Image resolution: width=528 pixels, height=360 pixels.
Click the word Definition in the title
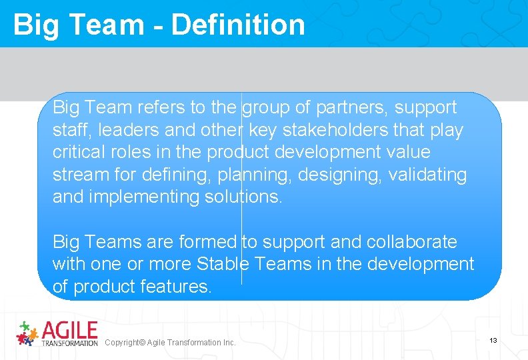click(x=238, y=25)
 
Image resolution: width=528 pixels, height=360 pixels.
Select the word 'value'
click(x=408, y=152)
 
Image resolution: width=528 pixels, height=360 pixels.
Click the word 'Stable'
click(x=223, y=264)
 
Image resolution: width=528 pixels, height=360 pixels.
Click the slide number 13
click(x=493, y=341)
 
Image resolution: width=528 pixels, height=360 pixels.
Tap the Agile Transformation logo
click(x=57, y=333)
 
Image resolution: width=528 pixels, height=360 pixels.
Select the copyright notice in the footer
click(x=170, y=343)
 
